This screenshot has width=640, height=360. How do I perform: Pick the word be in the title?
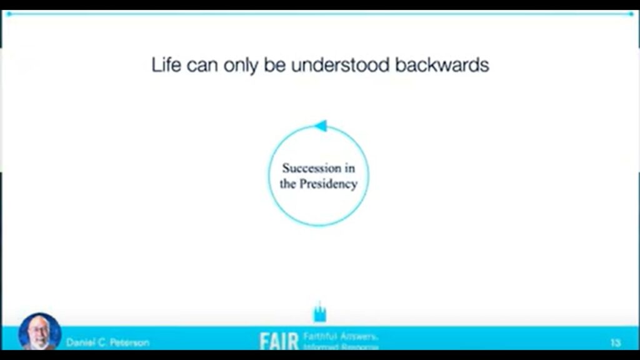point(274,65)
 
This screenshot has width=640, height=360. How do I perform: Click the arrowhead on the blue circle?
point(320,126)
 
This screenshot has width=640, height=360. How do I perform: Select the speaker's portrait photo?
point(40,331)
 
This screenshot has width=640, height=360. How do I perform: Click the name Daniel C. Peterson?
point(107,342)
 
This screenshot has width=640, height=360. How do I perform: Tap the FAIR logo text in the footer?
point(279,341)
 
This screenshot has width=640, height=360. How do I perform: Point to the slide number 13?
point(615,342)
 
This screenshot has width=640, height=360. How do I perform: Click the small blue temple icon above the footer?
point(320,312)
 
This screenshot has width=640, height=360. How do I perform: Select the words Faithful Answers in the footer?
point(341,337)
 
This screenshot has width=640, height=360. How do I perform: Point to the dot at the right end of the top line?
point(632,13)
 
